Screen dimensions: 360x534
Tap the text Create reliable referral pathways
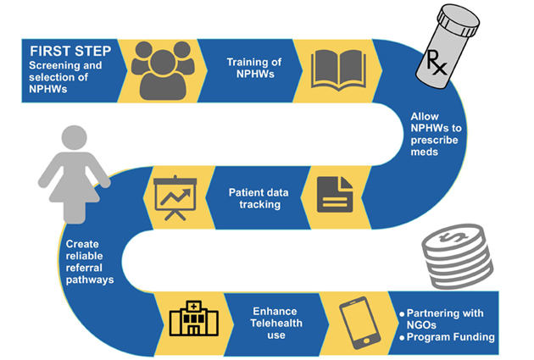(x=88, y=261)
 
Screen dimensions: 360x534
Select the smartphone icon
(x=358, y=321)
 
